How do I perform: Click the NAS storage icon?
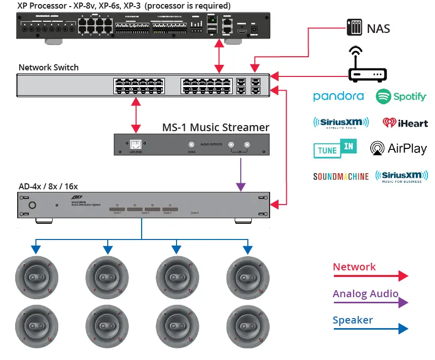coord(354,27)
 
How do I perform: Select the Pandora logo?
coord(338,96)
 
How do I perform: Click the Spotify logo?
coord(401,97)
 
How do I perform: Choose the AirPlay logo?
coord(399,148)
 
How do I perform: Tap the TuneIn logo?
coord(335,148)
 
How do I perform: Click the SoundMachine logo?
coord(341,177)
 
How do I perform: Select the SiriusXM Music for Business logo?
coord(402,176)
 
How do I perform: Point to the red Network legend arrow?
coord(370,276)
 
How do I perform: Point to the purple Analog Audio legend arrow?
coord(370,303)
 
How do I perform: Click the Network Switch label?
coord(49,67)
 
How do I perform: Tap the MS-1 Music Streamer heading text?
coord(215,127)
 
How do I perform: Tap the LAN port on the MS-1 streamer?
coord(136,145)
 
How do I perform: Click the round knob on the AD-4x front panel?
coord(33,205)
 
